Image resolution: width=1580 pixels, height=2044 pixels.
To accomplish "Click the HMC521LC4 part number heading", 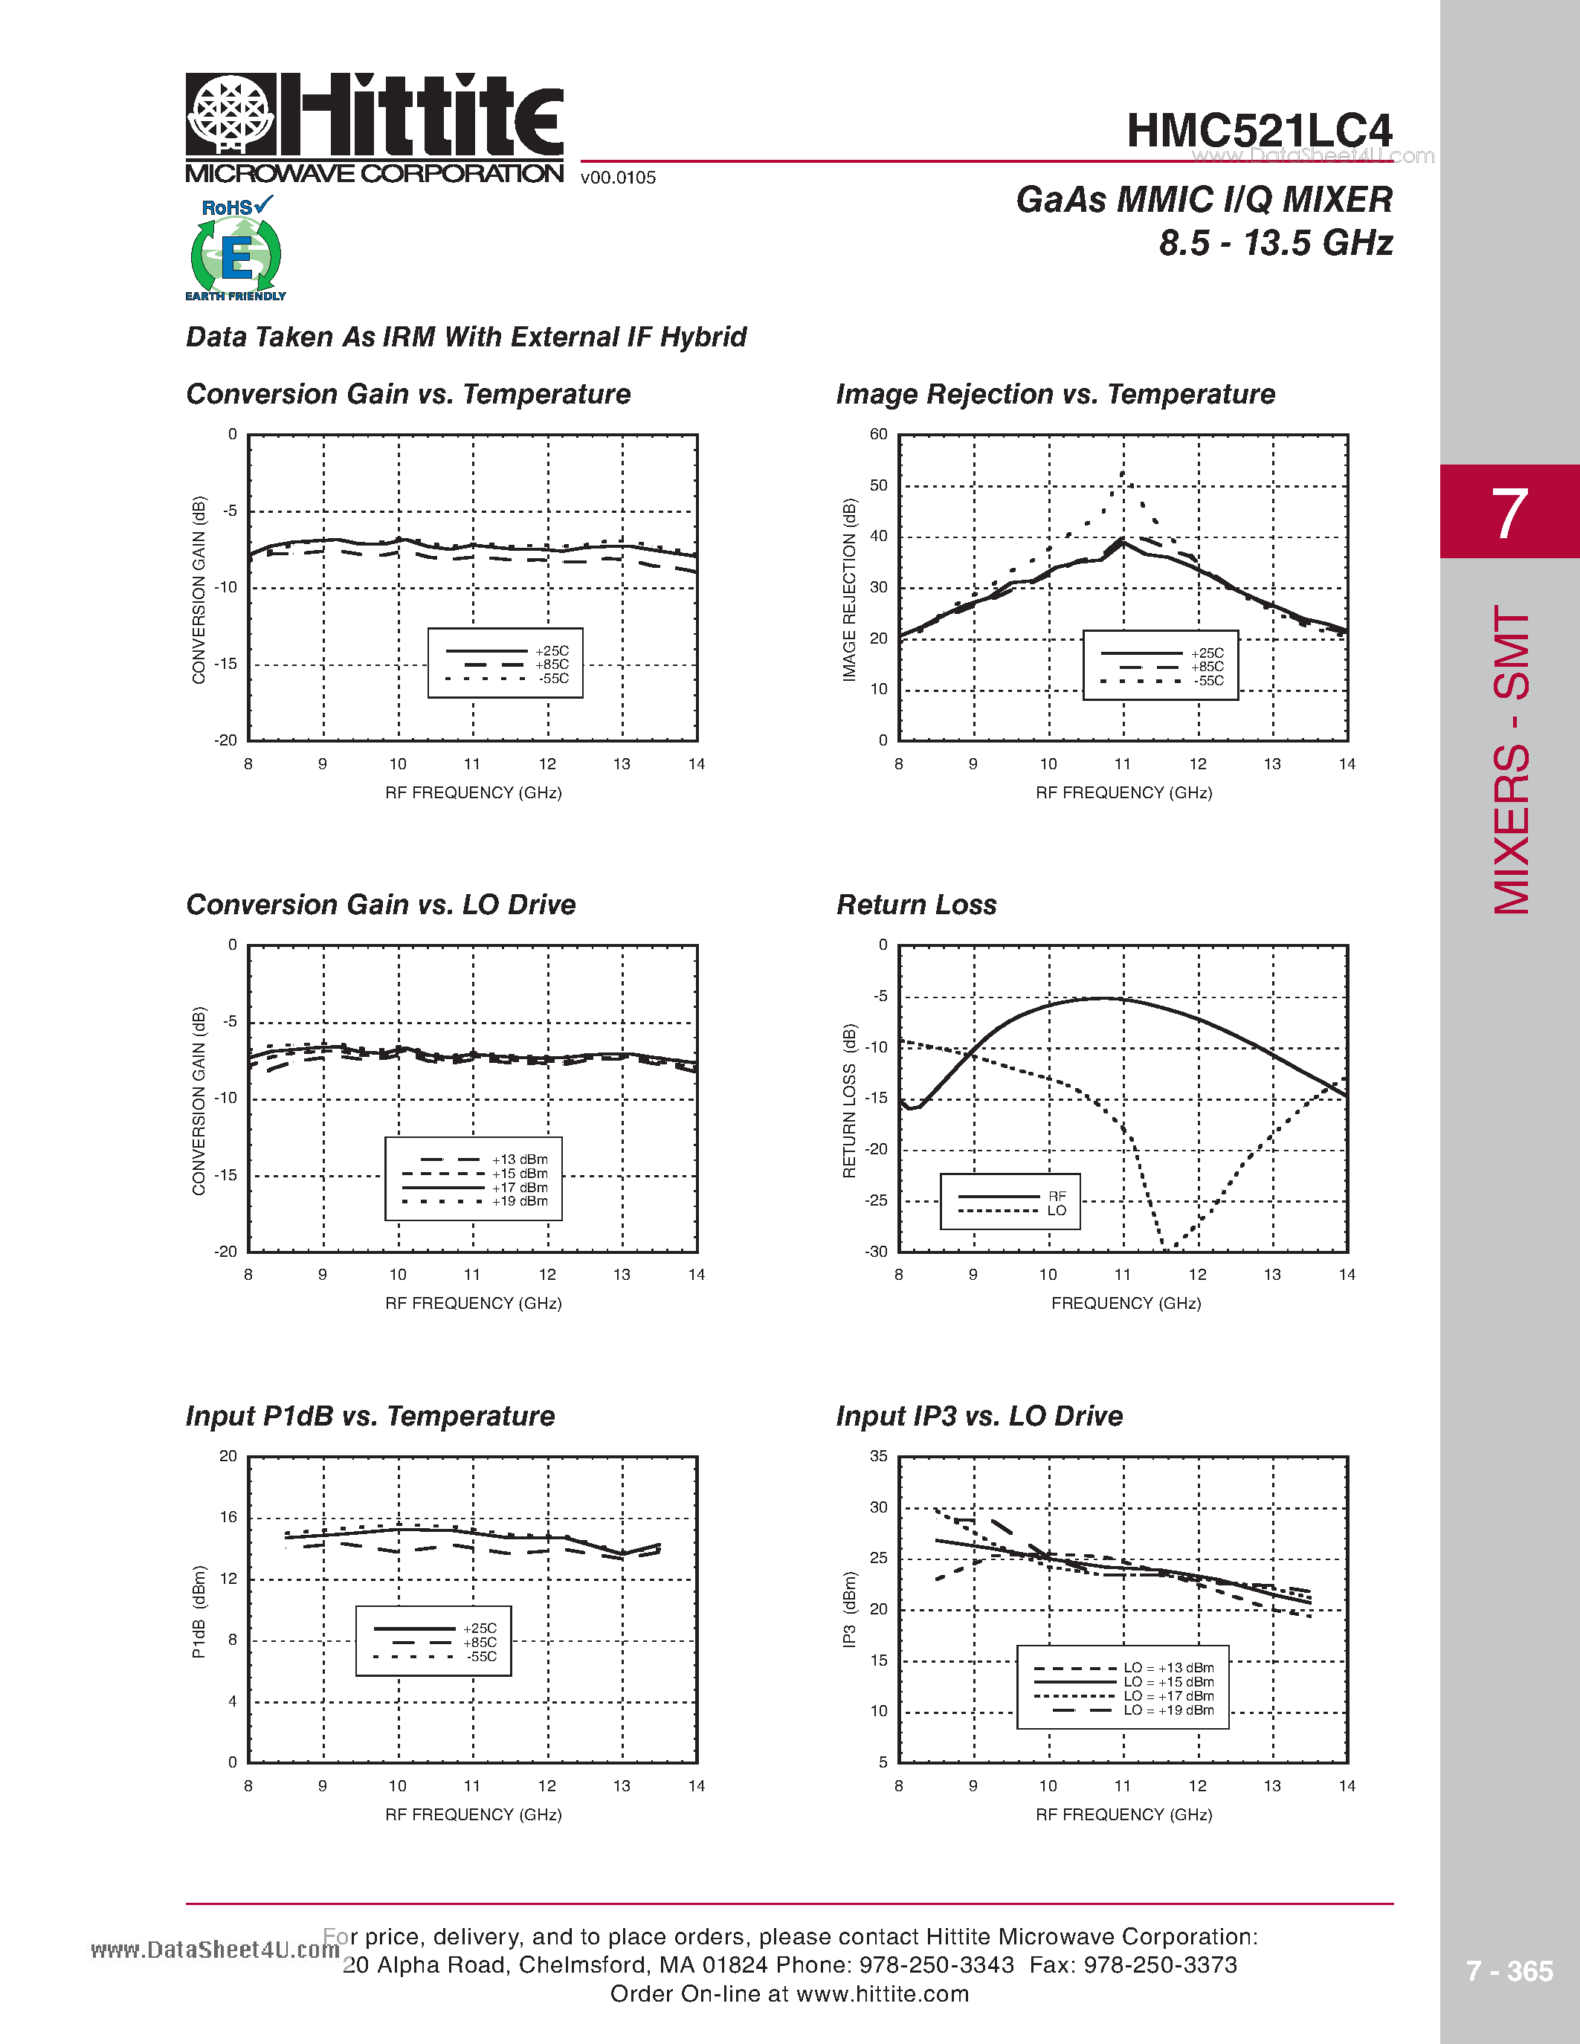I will pos(1259,131).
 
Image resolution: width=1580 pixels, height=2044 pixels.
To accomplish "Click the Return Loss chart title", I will pos(916,905).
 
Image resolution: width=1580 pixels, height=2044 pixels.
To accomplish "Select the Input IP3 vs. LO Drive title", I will pos(979,1416).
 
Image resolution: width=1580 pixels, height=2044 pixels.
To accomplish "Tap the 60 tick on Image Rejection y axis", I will pos(878,434).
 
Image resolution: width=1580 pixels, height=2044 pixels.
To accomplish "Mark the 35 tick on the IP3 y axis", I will pos(878,1456).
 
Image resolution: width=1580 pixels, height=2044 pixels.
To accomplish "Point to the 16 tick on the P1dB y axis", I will pos(228,1517).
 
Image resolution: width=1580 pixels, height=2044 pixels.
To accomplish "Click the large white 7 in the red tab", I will pos(1509,513).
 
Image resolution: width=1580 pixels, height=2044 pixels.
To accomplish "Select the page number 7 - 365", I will pos(1509,1971).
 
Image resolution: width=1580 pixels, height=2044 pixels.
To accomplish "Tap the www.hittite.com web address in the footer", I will pos(883,1994).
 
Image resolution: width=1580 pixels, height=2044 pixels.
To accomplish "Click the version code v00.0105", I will pos(618,178).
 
